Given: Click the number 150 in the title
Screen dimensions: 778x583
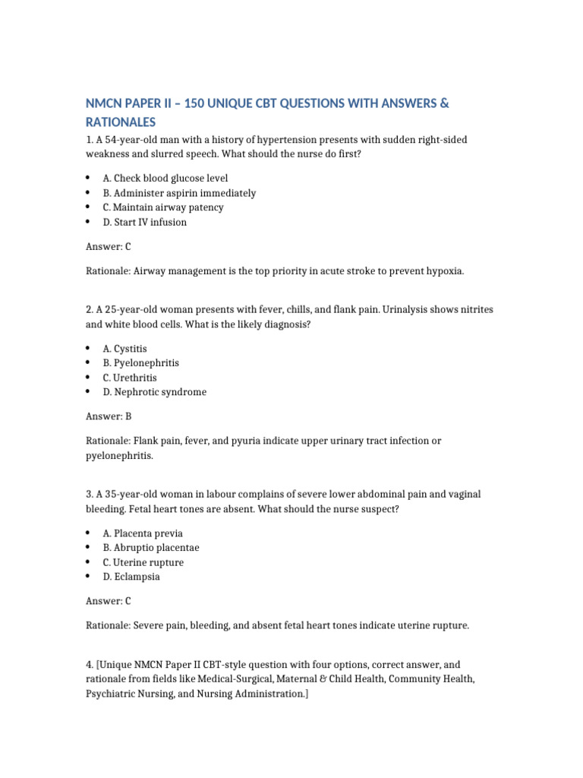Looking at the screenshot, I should click(200, 103).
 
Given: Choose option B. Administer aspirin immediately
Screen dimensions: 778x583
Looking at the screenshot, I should click(179, 193).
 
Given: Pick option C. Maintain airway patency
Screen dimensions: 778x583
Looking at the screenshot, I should click(163, 207).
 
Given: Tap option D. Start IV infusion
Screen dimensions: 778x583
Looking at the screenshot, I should click(144, 222).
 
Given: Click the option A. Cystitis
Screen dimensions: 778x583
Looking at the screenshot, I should click(125, 348).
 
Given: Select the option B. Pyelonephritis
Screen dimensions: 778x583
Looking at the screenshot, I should click(141, 362).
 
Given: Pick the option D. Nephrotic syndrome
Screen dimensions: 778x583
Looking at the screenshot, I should click(154, 392).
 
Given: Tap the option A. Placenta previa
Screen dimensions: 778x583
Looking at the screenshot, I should click(143, 533).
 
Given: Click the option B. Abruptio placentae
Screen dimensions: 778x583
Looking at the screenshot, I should click(151, 548).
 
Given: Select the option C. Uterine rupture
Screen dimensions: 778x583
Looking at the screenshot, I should click(143, 562).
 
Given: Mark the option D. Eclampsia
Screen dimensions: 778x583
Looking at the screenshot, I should click(131, 577).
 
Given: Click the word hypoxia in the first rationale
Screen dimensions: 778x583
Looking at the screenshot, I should click(444, 270).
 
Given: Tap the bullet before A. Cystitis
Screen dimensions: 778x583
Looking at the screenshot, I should click(88, 348).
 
